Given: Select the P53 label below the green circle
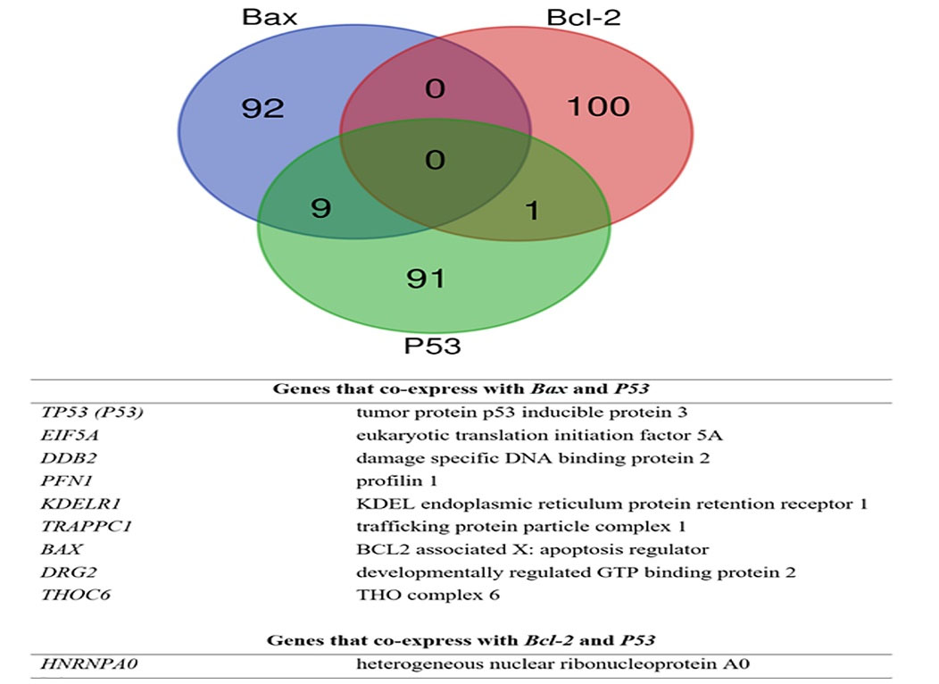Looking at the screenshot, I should [433, 345].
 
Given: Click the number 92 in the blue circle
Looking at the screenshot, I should [263, 109].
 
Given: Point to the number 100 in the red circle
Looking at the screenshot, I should [599, 107].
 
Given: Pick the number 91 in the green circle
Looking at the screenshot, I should [425, 279].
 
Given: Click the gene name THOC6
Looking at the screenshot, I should [69, 595].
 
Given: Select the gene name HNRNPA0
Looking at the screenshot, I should [82, 664].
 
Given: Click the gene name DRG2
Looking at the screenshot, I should [64, 571].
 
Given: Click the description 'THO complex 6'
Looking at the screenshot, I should [411, 595].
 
